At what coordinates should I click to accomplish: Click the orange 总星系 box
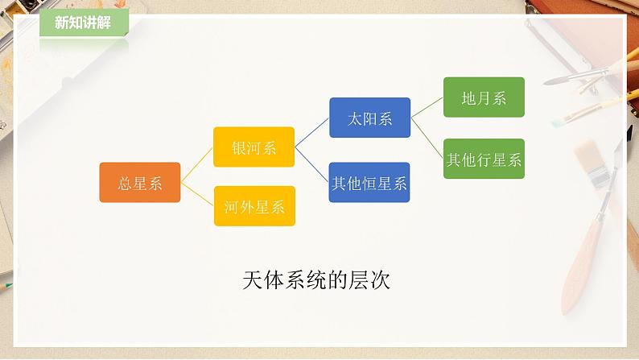[139, 183]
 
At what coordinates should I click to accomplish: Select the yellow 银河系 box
[254, 147]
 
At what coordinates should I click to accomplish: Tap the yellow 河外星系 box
[254, 205]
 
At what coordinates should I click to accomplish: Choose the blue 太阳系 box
[369, 118]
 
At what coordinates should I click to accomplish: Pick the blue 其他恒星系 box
[369, 182]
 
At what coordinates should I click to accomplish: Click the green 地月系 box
[484, 97]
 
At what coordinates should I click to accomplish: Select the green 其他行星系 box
[484, 159]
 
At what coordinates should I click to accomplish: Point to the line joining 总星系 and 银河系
[197, 165]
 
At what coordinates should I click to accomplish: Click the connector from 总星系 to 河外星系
[197, 194]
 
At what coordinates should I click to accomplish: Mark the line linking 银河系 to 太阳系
[312, 133]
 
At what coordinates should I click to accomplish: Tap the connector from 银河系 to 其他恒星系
[312, 164]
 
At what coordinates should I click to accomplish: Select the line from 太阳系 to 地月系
[427, 108]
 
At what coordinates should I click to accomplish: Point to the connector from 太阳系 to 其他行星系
[427, 139]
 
